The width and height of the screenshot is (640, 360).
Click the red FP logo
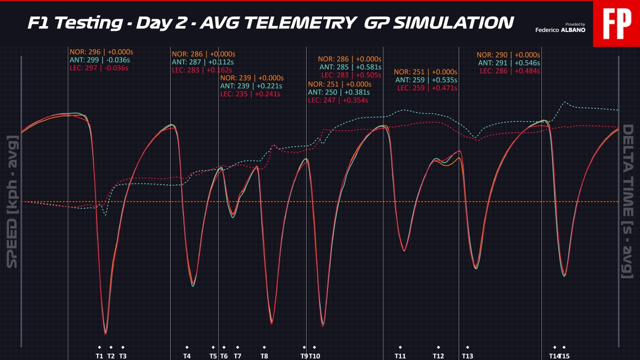click(617, 23)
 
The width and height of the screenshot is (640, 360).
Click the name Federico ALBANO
click(560, 30)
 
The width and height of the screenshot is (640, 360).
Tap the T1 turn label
click(99, 356)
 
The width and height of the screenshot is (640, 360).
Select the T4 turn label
click(187, 356)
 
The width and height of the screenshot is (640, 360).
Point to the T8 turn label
click(265, 356)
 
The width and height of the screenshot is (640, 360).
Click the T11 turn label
click(400, 356)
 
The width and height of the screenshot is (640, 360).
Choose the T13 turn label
click(467, 356)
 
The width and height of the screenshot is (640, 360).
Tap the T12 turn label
click(438, 356)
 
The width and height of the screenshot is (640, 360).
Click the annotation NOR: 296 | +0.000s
click(101, 52)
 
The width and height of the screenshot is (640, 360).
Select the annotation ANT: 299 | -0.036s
click(100, 60)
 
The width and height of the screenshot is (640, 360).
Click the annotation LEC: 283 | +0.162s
click(202, 70)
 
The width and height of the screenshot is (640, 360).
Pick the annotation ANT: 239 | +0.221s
click(251, 86)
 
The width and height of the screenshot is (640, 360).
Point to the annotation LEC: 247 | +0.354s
click(338, 100)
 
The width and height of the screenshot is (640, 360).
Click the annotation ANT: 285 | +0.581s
click(350, 67)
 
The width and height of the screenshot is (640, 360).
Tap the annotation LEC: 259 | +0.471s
click(427, 88)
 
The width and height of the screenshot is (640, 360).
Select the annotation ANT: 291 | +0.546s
click(509, 63)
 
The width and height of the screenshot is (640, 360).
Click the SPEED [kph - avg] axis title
click(12, 202)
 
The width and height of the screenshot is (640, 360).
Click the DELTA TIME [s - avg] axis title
click(627, 202)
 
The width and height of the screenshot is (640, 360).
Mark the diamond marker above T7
click(238, 347)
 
